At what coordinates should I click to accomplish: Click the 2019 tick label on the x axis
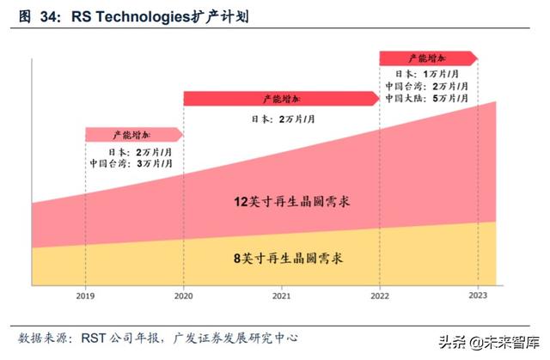tap(84, 295)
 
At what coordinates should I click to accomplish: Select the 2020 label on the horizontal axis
tap(182, 295)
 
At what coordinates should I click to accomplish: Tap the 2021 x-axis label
tap(282, 295)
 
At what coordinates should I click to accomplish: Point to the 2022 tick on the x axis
tap(379, 295)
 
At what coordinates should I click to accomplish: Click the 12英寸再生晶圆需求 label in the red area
tap(283, 203)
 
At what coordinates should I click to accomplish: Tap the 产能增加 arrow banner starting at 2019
tap(133, 135)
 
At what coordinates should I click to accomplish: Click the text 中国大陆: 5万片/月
tap(428, 99)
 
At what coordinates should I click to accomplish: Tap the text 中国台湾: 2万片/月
tap(428, 87)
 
